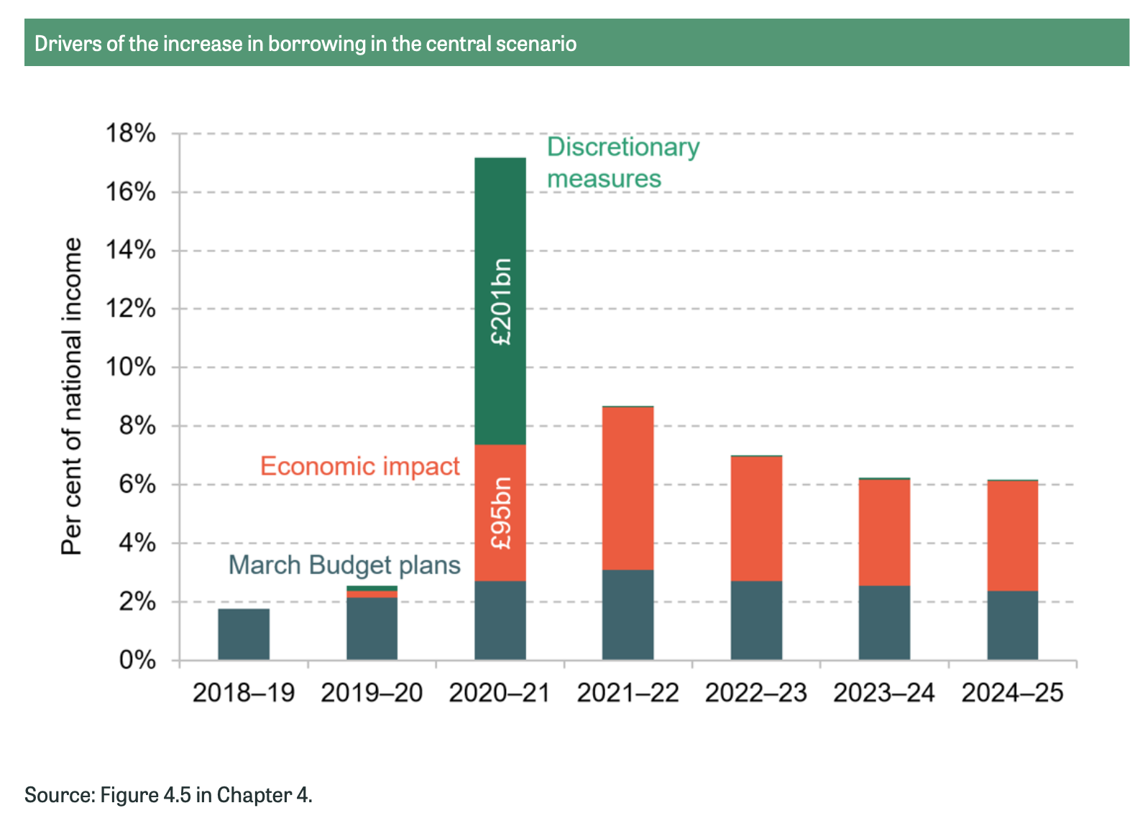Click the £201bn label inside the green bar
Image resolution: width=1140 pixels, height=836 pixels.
coord(501,302)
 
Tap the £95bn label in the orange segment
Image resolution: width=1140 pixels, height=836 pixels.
coord(501,513)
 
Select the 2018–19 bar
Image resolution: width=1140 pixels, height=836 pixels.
coord(244,634)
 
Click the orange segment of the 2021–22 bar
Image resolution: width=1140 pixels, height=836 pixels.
coord(628,488)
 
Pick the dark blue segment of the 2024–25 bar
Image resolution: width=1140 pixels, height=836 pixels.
coord(1012,625)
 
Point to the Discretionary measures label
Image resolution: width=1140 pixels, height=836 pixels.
coord(622,162)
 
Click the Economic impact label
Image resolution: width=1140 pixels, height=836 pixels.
coord(359,466)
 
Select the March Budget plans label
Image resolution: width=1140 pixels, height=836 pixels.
coord(344,565)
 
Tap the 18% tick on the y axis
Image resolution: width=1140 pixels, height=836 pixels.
coord(131,134)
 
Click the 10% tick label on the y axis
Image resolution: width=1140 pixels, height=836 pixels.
coord(131,367)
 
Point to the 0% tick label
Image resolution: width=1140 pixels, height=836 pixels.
coord(137,660)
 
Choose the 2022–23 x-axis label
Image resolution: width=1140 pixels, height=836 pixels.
coord(755,693)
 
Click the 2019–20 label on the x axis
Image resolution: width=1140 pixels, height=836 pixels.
coord(372,693)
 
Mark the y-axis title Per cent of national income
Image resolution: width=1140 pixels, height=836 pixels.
coord(72,396)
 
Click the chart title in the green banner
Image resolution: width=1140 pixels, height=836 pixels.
coord(305,44)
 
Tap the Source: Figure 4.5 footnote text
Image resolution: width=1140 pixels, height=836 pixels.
coord(168,795)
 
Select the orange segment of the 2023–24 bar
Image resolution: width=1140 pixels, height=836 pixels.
coord(884,532)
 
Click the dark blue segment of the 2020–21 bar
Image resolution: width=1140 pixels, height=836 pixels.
coord(500,621)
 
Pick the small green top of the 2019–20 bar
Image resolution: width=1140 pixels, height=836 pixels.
coord(372,588)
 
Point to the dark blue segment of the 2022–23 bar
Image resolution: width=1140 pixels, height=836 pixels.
coord(756,621)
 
